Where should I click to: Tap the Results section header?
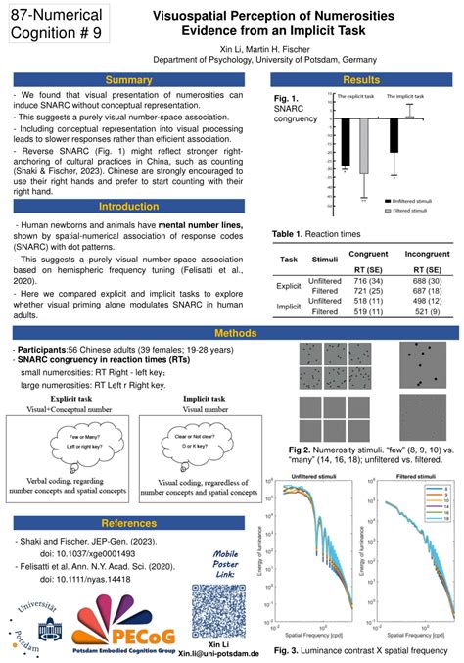point(361,80)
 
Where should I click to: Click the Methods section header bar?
point(232,334)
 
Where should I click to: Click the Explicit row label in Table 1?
point(289,286)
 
